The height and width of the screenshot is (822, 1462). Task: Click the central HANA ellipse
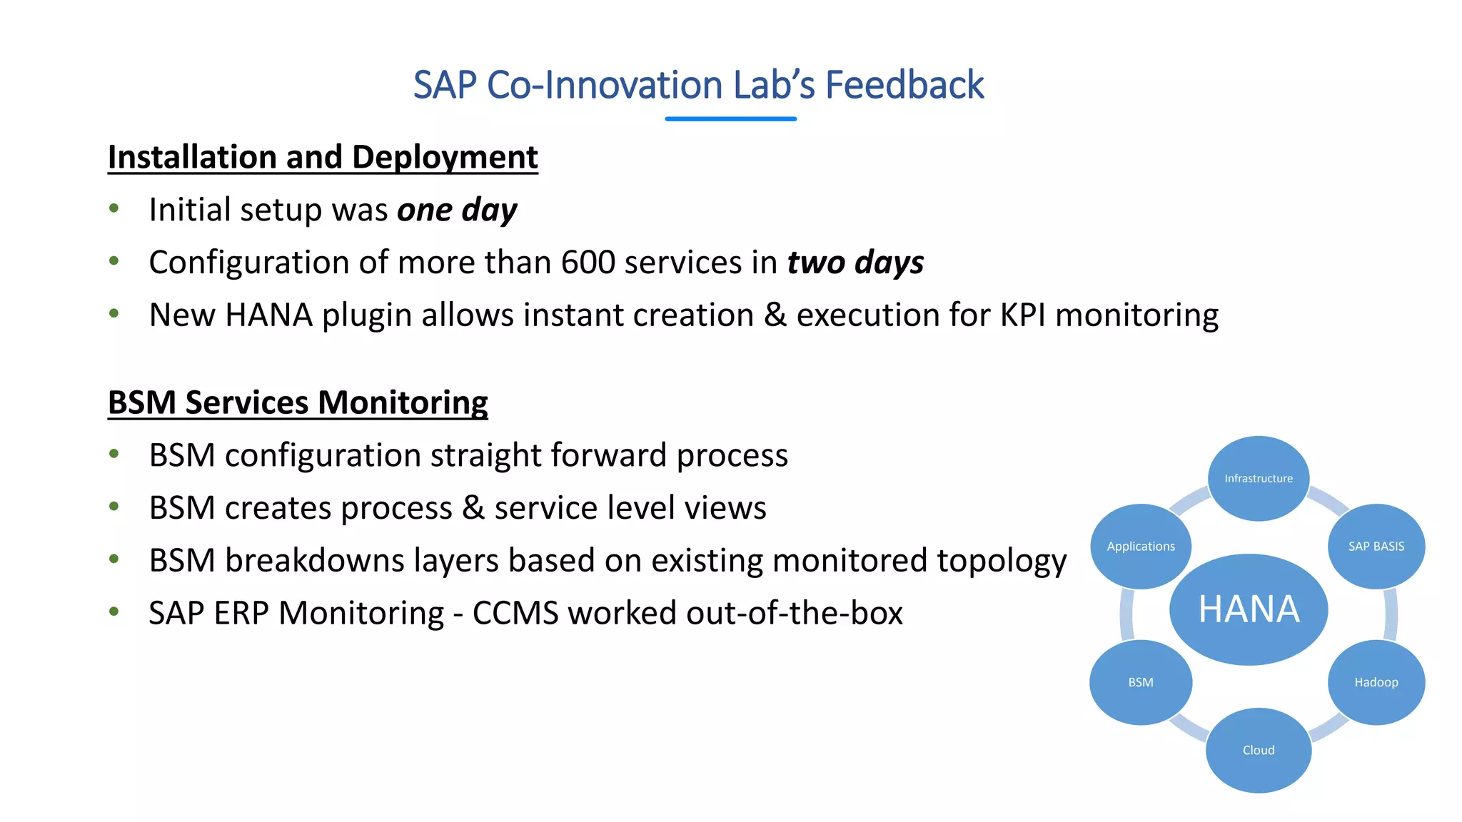pos(1249,609)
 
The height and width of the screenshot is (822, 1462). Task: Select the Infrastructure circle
pos(1259,478)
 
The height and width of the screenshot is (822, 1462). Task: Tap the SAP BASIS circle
pos(1376,546)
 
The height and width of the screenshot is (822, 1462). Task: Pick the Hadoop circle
pos(1376,682)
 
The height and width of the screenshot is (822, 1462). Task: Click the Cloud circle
pos(1259,750)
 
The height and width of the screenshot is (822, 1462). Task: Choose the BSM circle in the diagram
pos(1140,682)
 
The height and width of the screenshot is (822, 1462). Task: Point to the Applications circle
pos(1140,546)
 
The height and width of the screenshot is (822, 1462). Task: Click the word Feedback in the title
pos(904,85)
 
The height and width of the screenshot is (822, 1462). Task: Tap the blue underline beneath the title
pos(730,118)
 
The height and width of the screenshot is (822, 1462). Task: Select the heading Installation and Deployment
pos(323,157)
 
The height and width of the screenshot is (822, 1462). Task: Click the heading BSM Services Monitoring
pos(298,402)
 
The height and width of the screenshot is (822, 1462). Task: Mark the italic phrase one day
pos(457,210)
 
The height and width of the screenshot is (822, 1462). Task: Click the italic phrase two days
pos(855,263)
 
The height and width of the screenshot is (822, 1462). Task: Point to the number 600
pos(588,263)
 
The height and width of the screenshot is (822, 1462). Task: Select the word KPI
pos(1022,315)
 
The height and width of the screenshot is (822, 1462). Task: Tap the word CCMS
pos(515,613)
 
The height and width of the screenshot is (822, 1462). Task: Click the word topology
pos(1002,561)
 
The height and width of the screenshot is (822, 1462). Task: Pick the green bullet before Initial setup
pos(114,208)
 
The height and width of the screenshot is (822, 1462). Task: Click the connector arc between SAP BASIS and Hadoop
pos(1391,614)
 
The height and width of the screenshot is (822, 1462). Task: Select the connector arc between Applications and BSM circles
pos(1126,614)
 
